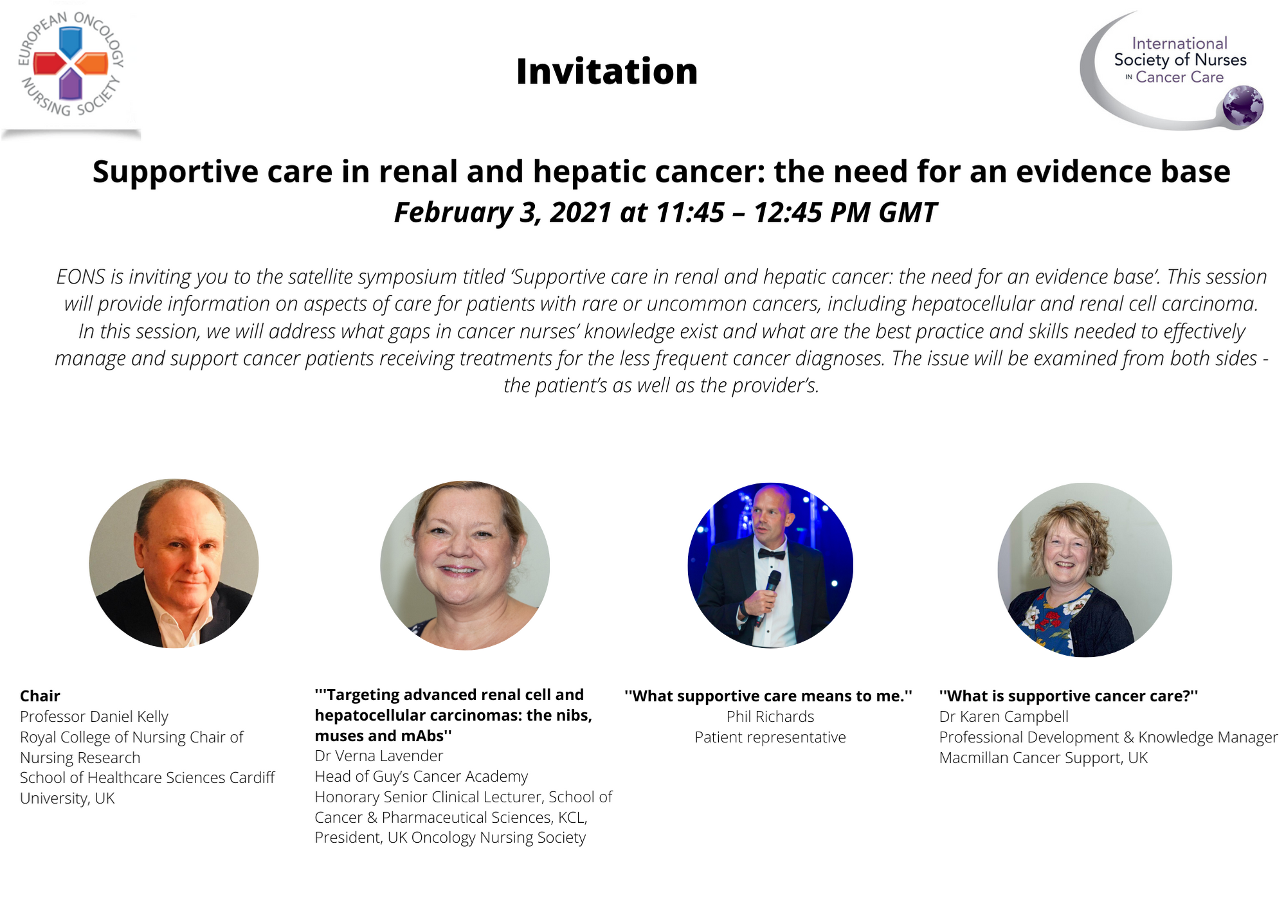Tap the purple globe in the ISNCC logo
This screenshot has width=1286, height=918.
1243,105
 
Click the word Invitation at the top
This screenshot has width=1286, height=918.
606,71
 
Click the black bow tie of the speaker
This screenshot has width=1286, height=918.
771,553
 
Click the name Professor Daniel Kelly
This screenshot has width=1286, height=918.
94,717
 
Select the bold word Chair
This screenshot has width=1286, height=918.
40,696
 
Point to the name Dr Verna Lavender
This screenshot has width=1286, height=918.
379,756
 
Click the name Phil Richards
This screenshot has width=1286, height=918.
770,717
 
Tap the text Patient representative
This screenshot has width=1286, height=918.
770,737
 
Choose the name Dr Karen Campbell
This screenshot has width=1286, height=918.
1004,717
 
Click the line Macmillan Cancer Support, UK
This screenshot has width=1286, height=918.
1044,758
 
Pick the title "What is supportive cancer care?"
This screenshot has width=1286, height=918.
1069,696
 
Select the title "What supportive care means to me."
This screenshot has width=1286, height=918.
768,696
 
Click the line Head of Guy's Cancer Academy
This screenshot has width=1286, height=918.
421,777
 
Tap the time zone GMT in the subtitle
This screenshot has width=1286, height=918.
907,212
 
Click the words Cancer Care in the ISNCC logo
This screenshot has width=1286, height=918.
1179,77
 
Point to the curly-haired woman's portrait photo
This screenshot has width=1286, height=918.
1085,570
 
